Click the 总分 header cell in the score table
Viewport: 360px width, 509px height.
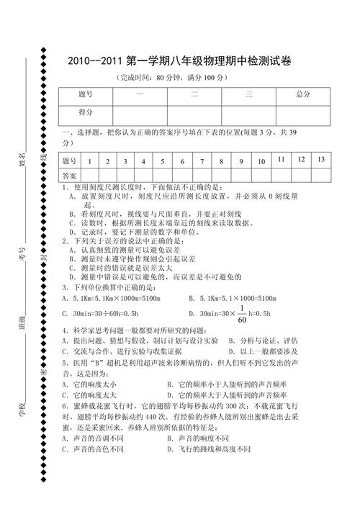point(302,94)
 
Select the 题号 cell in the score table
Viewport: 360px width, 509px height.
point(86,94)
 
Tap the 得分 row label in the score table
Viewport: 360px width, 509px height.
point(86,112)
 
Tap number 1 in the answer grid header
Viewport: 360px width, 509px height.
point(89,161)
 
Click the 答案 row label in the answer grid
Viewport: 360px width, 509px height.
point(69,176)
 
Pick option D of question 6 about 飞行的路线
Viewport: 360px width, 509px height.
point(209,449)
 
